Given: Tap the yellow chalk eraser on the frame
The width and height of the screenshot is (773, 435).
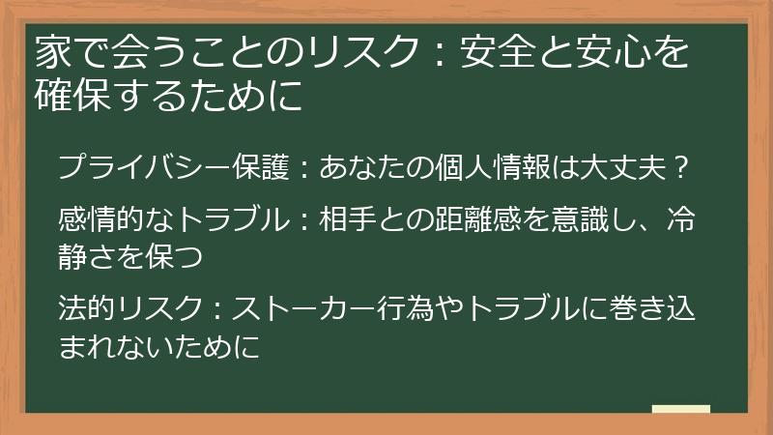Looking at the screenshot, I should click(681, 411).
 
